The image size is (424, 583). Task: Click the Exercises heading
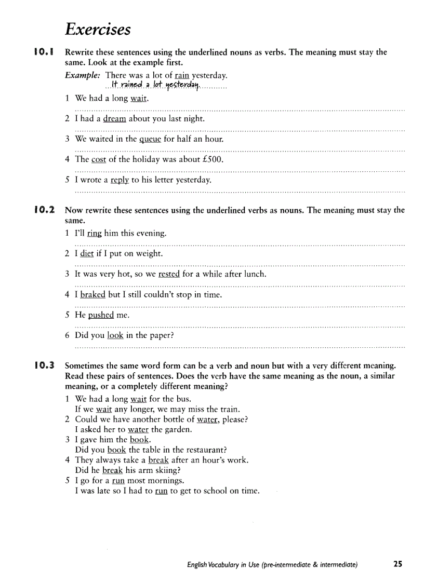pyautogui.click(x=98, y=30)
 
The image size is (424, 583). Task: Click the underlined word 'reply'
pyautogui.click(x=120, y=180)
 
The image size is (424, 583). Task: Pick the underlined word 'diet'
pyautogui.click(x=87, y=253)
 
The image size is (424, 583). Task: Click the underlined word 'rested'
pyautogui.click(x=169, y=274)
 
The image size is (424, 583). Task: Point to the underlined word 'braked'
pyautogui.click(x=92, y=294)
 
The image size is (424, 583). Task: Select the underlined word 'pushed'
pyautogui.click(x=101, y=315)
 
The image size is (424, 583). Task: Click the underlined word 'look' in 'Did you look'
pyautogui.click(x=115, y=335)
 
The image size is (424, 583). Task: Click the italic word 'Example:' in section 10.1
pyautogui.click(x=83, y=75)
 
